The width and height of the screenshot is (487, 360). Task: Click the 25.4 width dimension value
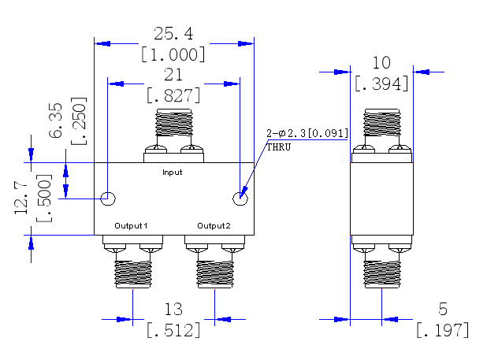point(173,34)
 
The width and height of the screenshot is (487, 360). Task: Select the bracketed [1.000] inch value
point(173,54)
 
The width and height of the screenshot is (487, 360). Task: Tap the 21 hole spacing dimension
point(173,75)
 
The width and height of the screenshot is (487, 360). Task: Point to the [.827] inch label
point(173,95)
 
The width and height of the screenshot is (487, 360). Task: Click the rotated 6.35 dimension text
point(56,120)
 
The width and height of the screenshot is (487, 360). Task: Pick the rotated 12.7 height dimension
point(21,199)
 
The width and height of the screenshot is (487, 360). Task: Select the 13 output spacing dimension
point(173,309)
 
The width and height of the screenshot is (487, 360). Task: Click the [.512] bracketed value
point(173,330)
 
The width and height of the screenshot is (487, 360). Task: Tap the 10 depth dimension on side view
point(381,63)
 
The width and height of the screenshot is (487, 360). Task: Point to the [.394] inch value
point(381,84)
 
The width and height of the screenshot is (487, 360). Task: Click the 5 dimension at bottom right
point(443,309)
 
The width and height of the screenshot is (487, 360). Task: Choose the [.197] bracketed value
point(443,330)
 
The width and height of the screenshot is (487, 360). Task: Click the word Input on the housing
point(172,173)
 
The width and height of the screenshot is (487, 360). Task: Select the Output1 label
point(131,225)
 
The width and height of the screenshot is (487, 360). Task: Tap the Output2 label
point(214,225)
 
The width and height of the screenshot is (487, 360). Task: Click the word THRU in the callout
point(279,147)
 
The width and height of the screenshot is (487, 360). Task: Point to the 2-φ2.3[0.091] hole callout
point(307,133)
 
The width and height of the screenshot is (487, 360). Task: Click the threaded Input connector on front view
point(174,122)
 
